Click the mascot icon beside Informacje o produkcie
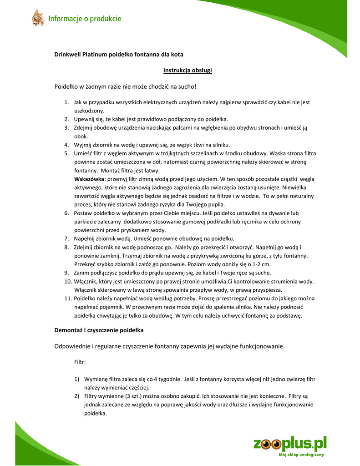(x=37, y=18)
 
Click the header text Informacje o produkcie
(x=85, y=19)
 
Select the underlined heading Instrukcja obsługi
(x=188, y=70)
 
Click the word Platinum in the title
(x=95, y=54)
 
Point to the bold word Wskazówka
(x=89, y=178)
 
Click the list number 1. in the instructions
(x=66, y=102)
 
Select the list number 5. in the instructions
(x=66, y=153)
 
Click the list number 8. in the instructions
(x=66, y=247)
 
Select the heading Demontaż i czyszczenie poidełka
(x=99, y=329)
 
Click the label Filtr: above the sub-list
(x=80, y=363)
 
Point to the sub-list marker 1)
(x=77, y=379)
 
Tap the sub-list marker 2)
(x=77, y=396)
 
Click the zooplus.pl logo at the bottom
(x=290, y=444)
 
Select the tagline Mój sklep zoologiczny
(x=301, y=455)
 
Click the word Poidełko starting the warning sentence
(x=67, y=86)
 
